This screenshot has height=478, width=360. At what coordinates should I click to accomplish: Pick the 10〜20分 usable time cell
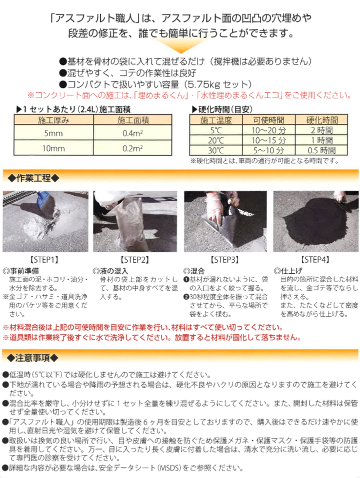268,130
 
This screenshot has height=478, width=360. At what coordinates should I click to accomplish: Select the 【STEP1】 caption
45,259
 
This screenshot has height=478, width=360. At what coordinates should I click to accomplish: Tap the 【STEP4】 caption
315,259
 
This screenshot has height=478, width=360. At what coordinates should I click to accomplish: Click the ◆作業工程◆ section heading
35,177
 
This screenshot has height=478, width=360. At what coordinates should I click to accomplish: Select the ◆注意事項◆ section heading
35,358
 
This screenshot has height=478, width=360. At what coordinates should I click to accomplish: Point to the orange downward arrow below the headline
179,47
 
